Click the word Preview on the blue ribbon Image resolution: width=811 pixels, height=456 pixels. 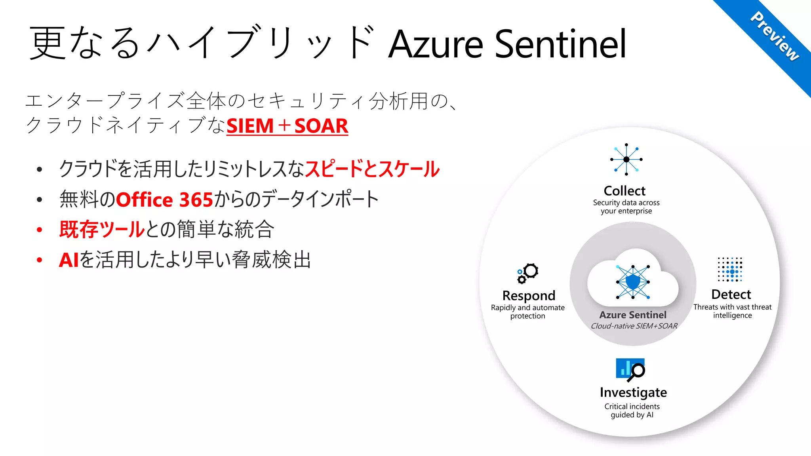tap(775, 36)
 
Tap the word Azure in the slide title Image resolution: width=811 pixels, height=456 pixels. tap(436, 44)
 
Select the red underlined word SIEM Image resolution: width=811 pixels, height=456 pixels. tap(250, 126)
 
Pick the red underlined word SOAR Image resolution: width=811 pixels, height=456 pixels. tap(321, 126)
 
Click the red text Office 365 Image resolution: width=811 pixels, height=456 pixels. tap(164, 199)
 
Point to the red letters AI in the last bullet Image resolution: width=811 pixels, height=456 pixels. tap(69, 260)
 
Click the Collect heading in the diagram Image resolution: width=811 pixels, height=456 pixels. tap(624, 191)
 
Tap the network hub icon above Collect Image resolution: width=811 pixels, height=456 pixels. tap(626, 159)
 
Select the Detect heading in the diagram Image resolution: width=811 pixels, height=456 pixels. tap(731, 294)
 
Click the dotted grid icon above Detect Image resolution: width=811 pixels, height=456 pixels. tap(730, 269)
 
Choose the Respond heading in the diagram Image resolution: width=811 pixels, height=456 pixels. tap(529, 296)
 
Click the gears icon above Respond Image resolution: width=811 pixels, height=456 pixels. tap(528, 273)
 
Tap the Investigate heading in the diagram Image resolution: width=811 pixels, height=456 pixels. tap(633, 392)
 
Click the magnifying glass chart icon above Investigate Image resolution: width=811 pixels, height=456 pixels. tap(630, 370)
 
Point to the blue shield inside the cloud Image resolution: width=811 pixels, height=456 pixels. tap(633, 282)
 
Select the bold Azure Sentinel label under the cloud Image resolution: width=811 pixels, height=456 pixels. tap(633, 315)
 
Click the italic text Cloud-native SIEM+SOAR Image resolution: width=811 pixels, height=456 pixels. tap(634, 326)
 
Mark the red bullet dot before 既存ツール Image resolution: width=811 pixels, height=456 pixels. tap(39, 230)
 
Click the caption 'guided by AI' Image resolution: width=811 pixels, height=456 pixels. tap(632, 415)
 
